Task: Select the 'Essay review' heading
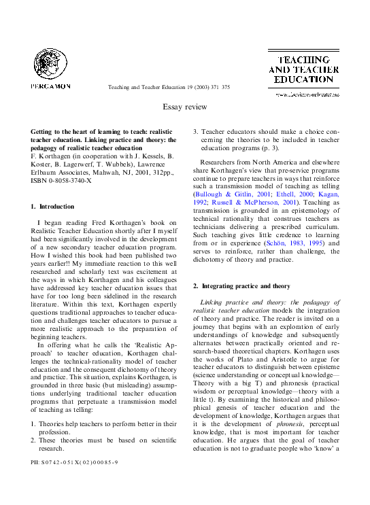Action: (184, 107)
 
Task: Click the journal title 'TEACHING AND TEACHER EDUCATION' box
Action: (303, 69)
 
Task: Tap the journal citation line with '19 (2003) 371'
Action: (169, 88)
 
